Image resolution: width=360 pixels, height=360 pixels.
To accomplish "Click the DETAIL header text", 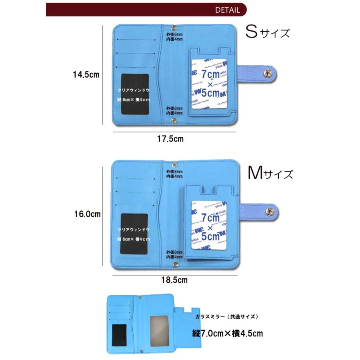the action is (228, 10).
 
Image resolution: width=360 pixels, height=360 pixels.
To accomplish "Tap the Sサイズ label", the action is (268, 32).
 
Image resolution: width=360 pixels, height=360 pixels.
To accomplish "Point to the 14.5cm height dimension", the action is (86, 74).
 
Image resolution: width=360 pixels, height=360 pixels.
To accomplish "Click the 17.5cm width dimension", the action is (170, 139).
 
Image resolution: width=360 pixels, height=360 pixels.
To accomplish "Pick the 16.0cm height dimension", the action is (86, 214).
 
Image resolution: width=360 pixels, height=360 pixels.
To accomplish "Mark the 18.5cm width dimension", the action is (174, 280).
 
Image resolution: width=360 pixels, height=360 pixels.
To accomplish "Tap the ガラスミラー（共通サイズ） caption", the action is (227, 316).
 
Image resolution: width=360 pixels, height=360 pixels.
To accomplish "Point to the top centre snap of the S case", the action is (174, 27).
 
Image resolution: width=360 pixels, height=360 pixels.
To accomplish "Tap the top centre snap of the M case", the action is (174, 164).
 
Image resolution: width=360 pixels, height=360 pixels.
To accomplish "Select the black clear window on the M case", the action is (134, 234).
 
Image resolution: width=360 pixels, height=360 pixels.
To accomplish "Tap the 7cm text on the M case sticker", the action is (210, 218).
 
